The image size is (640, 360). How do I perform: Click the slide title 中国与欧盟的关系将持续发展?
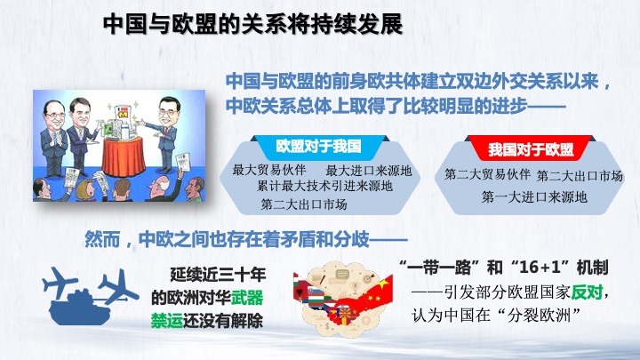point(253,25)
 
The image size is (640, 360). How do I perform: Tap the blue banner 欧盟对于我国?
point(319,147)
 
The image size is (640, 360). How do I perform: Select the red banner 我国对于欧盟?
point(531,150)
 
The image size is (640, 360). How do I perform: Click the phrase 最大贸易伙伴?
point(269,170)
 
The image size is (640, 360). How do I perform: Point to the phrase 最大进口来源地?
point(369,171)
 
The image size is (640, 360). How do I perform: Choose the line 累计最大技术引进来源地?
point(324,187)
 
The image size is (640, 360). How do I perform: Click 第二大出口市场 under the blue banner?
point(304,204)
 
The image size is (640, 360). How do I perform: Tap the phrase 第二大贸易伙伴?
point(487,174)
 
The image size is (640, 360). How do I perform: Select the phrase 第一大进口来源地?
point(534,197)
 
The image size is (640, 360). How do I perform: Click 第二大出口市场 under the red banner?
point(580,176)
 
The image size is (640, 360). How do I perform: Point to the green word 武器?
point(247,298)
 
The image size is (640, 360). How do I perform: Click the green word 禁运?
point(167,320)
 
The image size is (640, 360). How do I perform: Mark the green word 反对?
point(587,292)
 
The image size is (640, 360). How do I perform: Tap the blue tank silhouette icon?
point(80,308)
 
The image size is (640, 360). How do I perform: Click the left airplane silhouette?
point(60,283)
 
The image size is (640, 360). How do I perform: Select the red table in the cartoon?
point(124,156)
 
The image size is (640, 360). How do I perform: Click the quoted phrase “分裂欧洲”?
point(538,316)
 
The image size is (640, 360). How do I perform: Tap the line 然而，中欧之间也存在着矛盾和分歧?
point(246,239)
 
